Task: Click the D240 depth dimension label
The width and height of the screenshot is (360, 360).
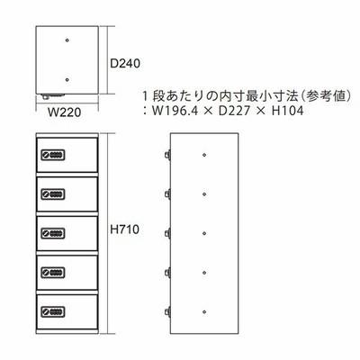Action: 125,64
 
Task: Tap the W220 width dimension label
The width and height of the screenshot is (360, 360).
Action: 65,112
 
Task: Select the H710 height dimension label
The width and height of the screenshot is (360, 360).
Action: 125,229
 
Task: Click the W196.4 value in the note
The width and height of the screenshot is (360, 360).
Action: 175,112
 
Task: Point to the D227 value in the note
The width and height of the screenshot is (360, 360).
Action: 234,112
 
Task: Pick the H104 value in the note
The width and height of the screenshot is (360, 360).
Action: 288,112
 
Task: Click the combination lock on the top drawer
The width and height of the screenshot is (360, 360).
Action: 53,155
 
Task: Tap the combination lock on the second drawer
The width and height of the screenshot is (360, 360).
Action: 53,194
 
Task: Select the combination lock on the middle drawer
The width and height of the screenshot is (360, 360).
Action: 53,233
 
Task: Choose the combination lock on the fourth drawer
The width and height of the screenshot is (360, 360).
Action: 53,273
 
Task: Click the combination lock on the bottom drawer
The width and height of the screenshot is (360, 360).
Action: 53,311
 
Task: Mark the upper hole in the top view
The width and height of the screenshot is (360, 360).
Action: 67,40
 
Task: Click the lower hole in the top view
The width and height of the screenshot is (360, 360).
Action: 67,80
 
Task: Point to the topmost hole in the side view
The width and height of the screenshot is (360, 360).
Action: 204,155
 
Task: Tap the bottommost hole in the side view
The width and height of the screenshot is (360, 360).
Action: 204,312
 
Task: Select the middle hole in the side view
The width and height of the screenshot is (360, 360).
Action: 204,233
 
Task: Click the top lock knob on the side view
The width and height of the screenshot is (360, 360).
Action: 167,155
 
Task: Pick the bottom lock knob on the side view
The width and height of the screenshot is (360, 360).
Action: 167,311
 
